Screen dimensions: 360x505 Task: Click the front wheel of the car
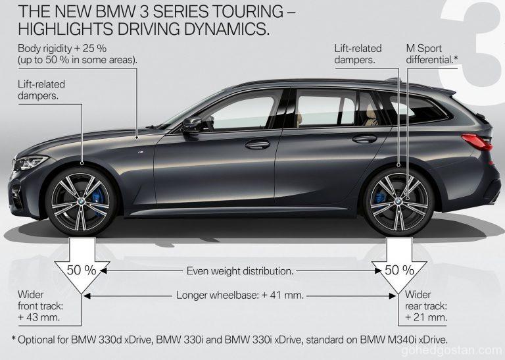pyautogui.click(x=81, y=199)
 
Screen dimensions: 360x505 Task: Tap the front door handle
pyautogui.click(x=257, y=144)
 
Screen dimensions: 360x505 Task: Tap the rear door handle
pyautogui.click(x=364, y=138)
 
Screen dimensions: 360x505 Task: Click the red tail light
pyautogui.click(x=477, y=140)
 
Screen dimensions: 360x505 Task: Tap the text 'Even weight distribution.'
pyautogui.click(x=239, y=270)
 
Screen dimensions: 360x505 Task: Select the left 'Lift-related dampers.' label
pyautogui.click(x=42, y=90)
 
